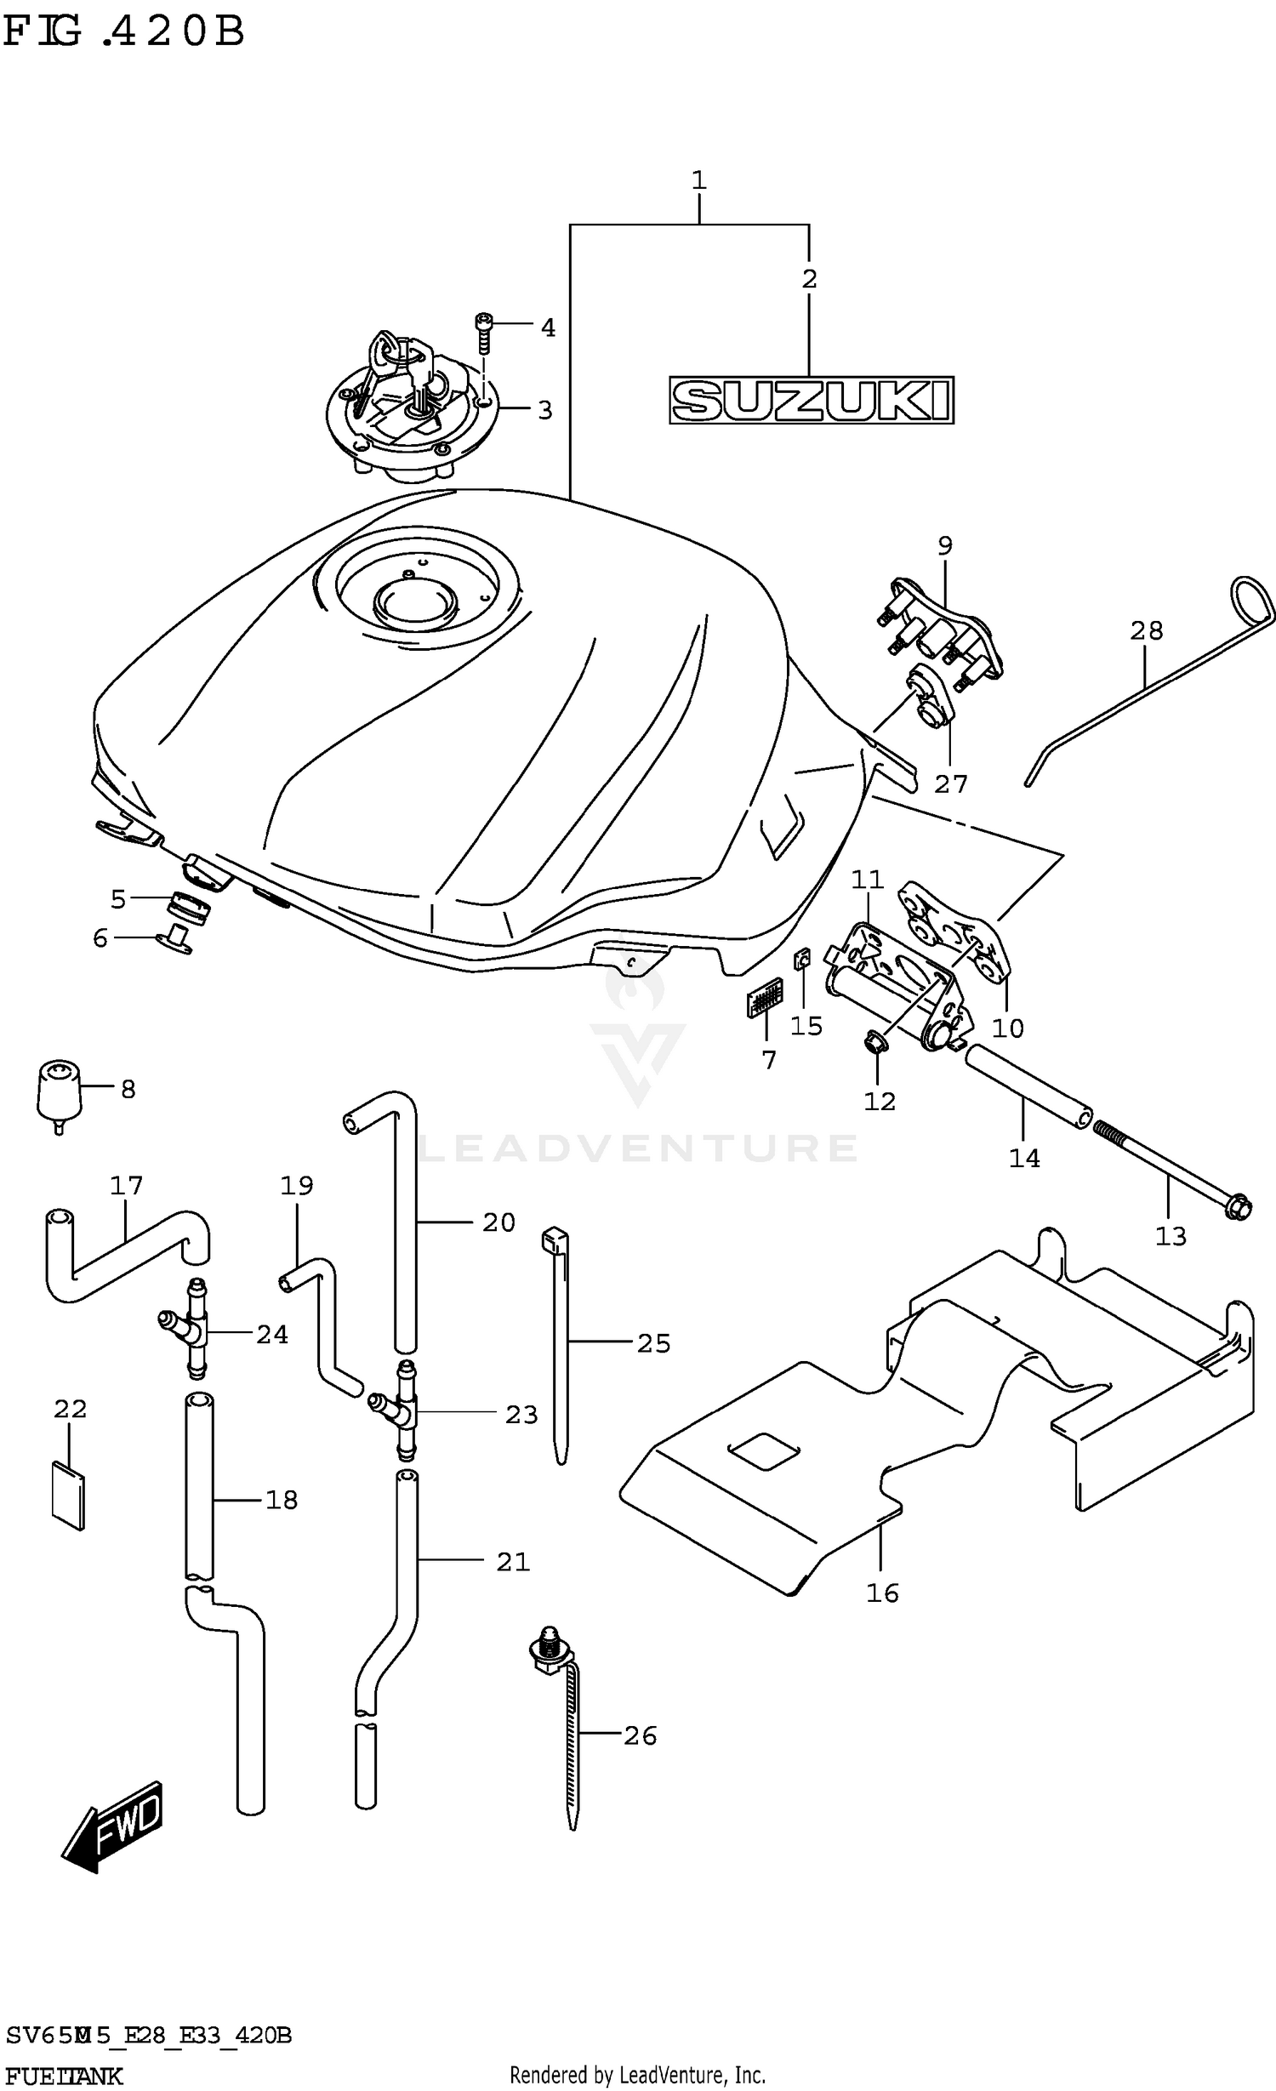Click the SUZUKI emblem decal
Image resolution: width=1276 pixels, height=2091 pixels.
811,400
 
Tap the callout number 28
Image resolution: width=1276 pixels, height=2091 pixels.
1146,630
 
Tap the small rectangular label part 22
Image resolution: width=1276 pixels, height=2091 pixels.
68,1495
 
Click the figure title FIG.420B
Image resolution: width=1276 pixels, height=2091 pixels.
123,32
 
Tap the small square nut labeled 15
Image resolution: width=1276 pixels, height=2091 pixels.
801,960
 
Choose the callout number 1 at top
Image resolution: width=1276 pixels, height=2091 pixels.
698,180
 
